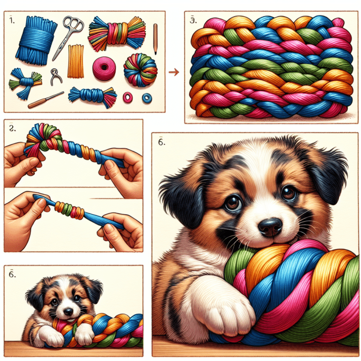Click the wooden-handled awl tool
click(x=45, y=100)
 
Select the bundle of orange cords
click(x=75, y=61)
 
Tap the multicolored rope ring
click(x=140, y=70)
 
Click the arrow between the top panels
click(x=173, y=72)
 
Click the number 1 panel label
click(x=11, y=22)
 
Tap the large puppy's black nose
click(x=270, y=226)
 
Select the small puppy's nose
click(x=69, y=311)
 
